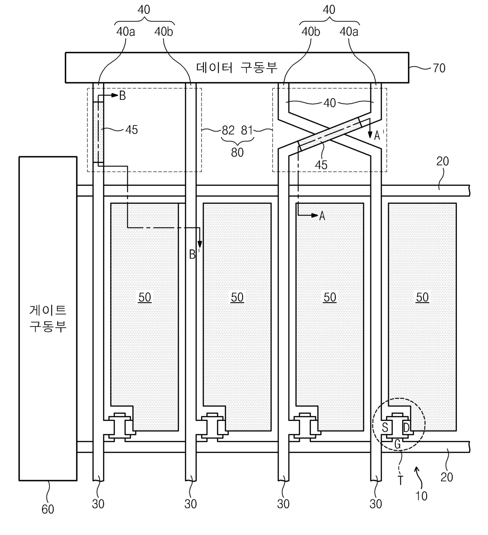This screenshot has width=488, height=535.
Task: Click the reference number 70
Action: (439, 68)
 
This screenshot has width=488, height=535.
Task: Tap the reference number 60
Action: (48, 509)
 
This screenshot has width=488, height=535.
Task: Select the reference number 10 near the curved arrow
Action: (421, 496)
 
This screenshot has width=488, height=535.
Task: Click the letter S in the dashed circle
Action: (385, 428)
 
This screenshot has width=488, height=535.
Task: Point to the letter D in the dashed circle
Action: (406, 428)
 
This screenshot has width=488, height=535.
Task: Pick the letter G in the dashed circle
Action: (397, 444)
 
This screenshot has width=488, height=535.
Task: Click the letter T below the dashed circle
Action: (400, 480)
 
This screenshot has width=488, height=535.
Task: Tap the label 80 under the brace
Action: (237, 152)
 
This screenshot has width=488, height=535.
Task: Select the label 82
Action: (228, 130)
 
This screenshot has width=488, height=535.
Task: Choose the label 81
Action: (247, 130)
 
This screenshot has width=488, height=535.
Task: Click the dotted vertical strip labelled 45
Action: (98, 132)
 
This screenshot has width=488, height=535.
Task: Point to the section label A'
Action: (379, 135)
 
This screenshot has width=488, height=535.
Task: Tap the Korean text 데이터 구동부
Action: (237, 68)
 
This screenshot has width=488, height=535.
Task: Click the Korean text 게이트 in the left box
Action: (48, 310)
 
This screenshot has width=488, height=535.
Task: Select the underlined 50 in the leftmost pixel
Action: (144, 297)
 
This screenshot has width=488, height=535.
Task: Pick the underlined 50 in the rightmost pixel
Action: (422, 297)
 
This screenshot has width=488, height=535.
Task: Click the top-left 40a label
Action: (126, 32)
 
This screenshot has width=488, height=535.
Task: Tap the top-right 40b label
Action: (311, 32)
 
